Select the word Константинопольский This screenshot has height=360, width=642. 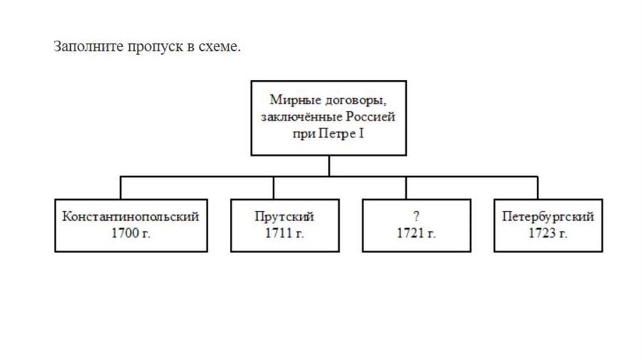click(130, 217)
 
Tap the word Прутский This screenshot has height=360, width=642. click(284, 217)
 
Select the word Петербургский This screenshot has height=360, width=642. click(548, 217)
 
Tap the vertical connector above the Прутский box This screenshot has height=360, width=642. click(273, 188)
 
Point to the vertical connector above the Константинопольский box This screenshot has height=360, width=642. click(121, 188)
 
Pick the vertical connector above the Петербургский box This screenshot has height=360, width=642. click(537, 188)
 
